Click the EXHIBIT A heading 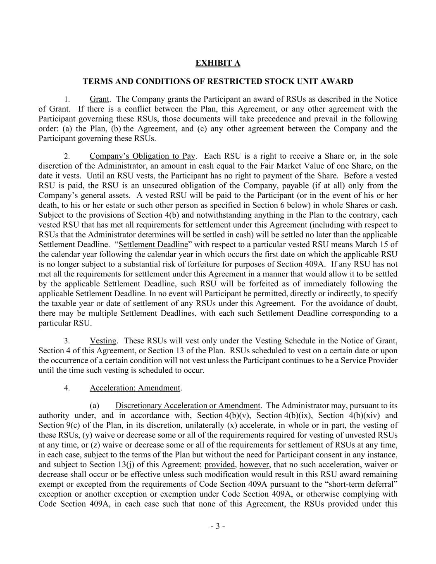(217, 63)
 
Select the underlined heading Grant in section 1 (99, 99)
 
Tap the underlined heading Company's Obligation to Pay (142, 156)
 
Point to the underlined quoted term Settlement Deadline (153, 245)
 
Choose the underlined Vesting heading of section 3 (103, 341)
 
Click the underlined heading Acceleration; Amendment (135, 388)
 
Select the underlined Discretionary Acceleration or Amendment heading (188, 406)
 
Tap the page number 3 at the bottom (218, 526)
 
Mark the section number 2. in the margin (67, 157)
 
